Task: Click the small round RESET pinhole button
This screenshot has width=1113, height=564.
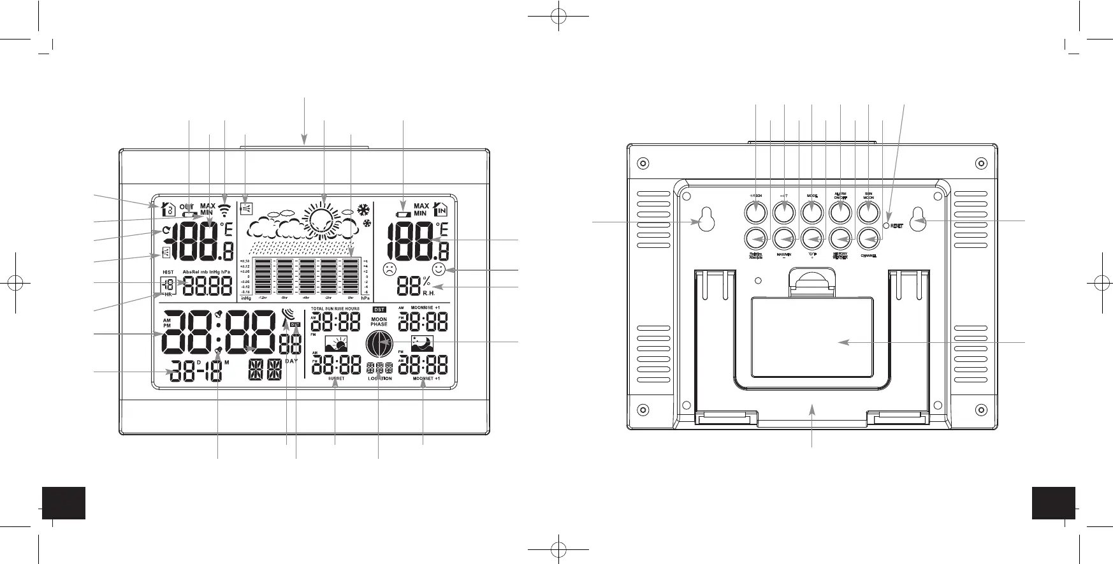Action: pos(885,225)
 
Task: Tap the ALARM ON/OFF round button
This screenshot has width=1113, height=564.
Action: pos(840,211)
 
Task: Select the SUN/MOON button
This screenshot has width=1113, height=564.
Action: pos(868,211)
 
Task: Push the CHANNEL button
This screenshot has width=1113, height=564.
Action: pos(868,240)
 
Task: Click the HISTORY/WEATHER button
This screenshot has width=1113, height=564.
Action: pos(840,240)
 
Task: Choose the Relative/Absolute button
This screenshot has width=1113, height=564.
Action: pos(756,240)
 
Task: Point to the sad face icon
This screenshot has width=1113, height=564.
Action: pos(389,269)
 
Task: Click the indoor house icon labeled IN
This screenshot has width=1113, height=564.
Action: pos(440,209)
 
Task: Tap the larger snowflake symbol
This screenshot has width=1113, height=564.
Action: pos(363,210)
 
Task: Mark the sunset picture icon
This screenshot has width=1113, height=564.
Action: pos(336,344)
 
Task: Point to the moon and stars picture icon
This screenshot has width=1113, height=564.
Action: pos(423,343)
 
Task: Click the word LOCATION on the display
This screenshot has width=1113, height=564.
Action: pos(380,379)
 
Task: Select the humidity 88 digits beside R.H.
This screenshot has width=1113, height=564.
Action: pos(408,286)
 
